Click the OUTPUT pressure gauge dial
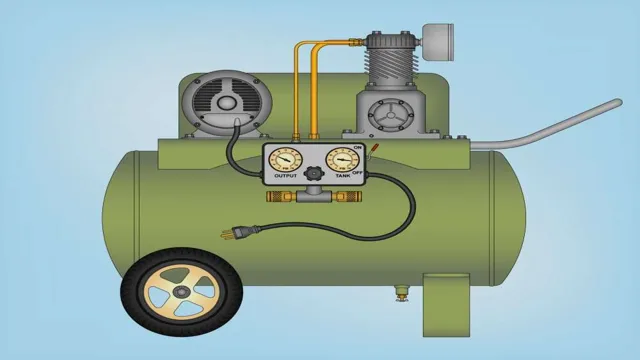[285, 160]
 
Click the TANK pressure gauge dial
[342, 160]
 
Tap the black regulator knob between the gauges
[313, 173]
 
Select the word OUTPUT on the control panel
[286, 176]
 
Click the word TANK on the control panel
[343, 176]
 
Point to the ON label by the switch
[358, 147]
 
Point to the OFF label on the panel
[358, 173]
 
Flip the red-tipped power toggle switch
[372, 150]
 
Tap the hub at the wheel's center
[180, 292]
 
